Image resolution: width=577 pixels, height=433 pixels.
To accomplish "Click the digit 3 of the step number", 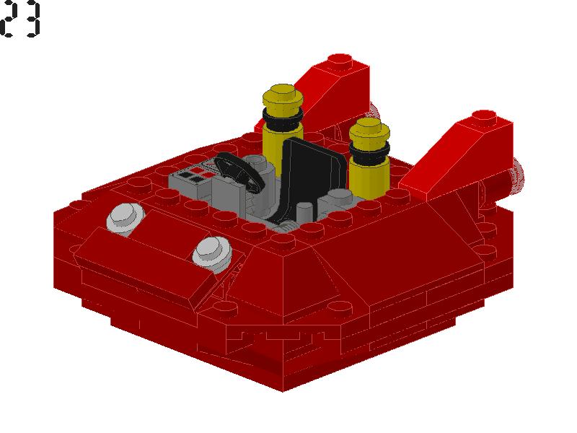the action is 31,19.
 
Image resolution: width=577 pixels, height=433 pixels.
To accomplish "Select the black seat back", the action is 313,173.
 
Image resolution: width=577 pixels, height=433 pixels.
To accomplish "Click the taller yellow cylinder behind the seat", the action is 283,129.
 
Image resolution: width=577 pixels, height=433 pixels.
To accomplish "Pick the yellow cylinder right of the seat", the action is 369,158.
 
